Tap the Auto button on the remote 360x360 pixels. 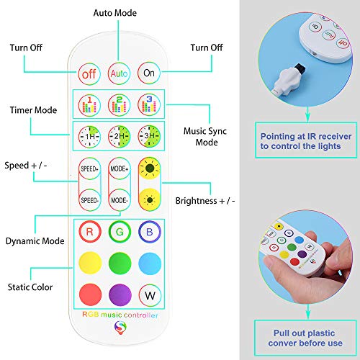[x=119, y=73]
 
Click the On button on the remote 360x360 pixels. [x=149, y=73]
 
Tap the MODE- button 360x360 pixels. [x=119, y=198]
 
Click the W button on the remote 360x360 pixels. [x=149, y=294]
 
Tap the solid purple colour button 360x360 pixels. [x=119, y=294]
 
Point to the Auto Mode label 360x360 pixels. [x=120, y=14]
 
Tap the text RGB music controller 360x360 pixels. [x=119, y=318]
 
